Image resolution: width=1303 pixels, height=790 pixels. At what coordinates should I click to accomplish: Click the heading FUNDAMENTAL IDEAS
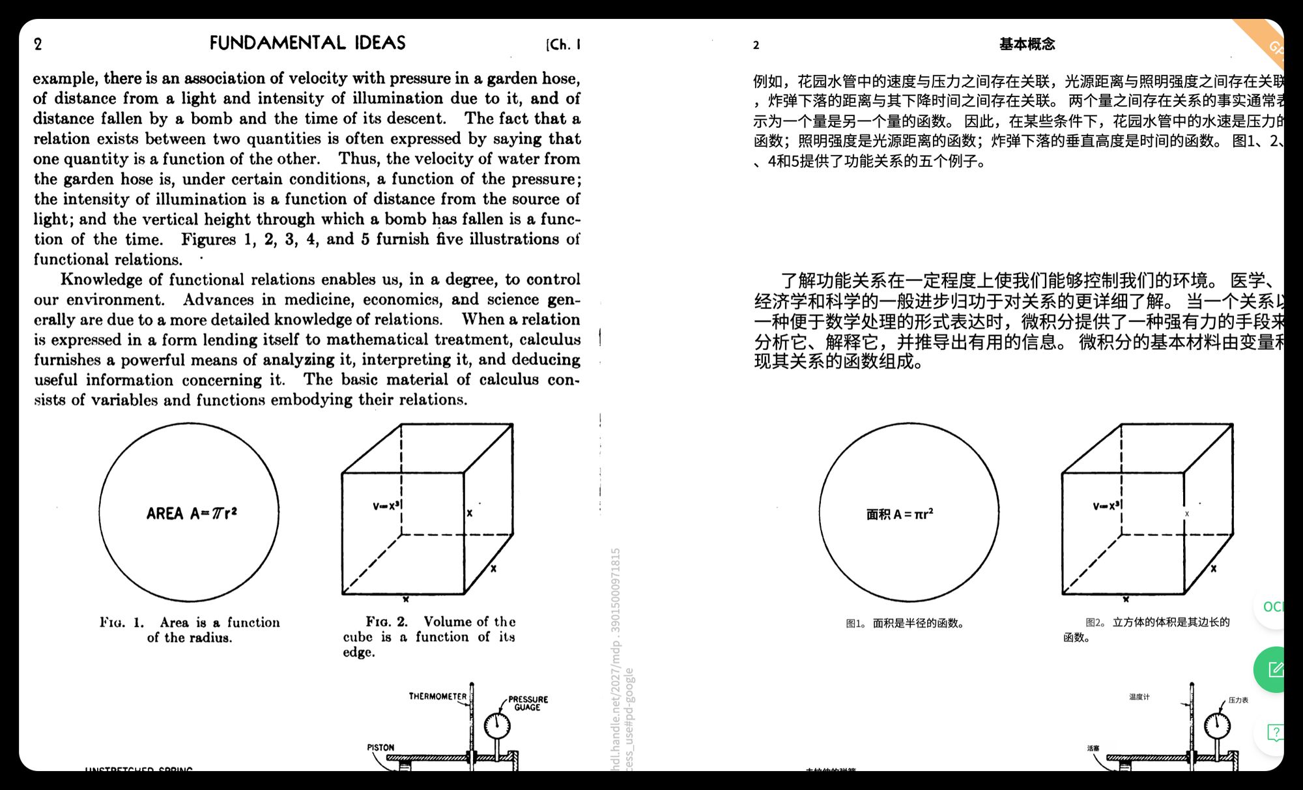tap(308, 43)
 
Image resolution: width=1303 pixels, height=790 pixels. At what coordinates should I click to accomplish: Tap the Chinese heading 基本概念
tap(1027, 44)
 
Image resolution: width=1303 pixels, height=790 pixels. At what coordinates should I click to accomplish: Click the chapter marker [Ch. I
tap(563, 44)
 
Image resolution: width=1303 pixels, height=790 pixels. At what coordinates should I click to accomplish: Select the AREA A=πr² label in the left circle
tap(191, 514)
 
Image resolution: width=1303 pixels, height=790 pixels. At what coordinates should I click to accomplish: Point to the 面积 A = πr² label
tap(900, 514)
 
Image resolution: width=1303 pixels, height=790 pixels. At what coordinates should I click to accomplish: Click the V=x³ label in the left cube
tap(387, 506)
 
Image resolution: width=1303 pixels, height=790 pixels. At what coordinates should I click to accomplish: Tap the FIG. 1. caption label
tap(121, 622)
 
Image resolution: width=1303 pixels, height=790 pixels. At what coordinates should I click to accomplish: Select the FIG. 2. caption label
tap(386, 622)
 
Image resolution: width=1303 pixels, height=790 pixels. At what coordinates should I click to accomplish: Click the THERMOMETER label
tap(437, 696)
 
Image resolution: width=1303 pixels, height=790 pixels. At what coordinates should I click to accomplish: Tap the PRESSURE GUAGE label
tap(528, 703)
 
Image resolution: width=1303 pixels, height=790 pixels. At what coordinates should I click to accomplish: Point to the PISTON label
tap(380, 748)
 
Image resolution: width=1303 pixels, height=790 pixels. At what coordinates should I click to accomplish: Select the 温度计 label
tap(1139, 697)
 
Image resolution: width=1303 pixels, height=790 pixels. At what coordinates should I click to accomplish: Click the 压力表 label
tap(1238, 700)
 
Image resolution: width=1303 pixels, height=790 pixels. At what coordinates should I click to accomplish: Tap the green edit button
tap(1273, 669)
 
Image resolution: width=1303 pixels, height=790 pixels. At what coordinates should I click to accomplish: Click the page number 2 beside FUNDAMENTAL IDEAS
tap(38, 44)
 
